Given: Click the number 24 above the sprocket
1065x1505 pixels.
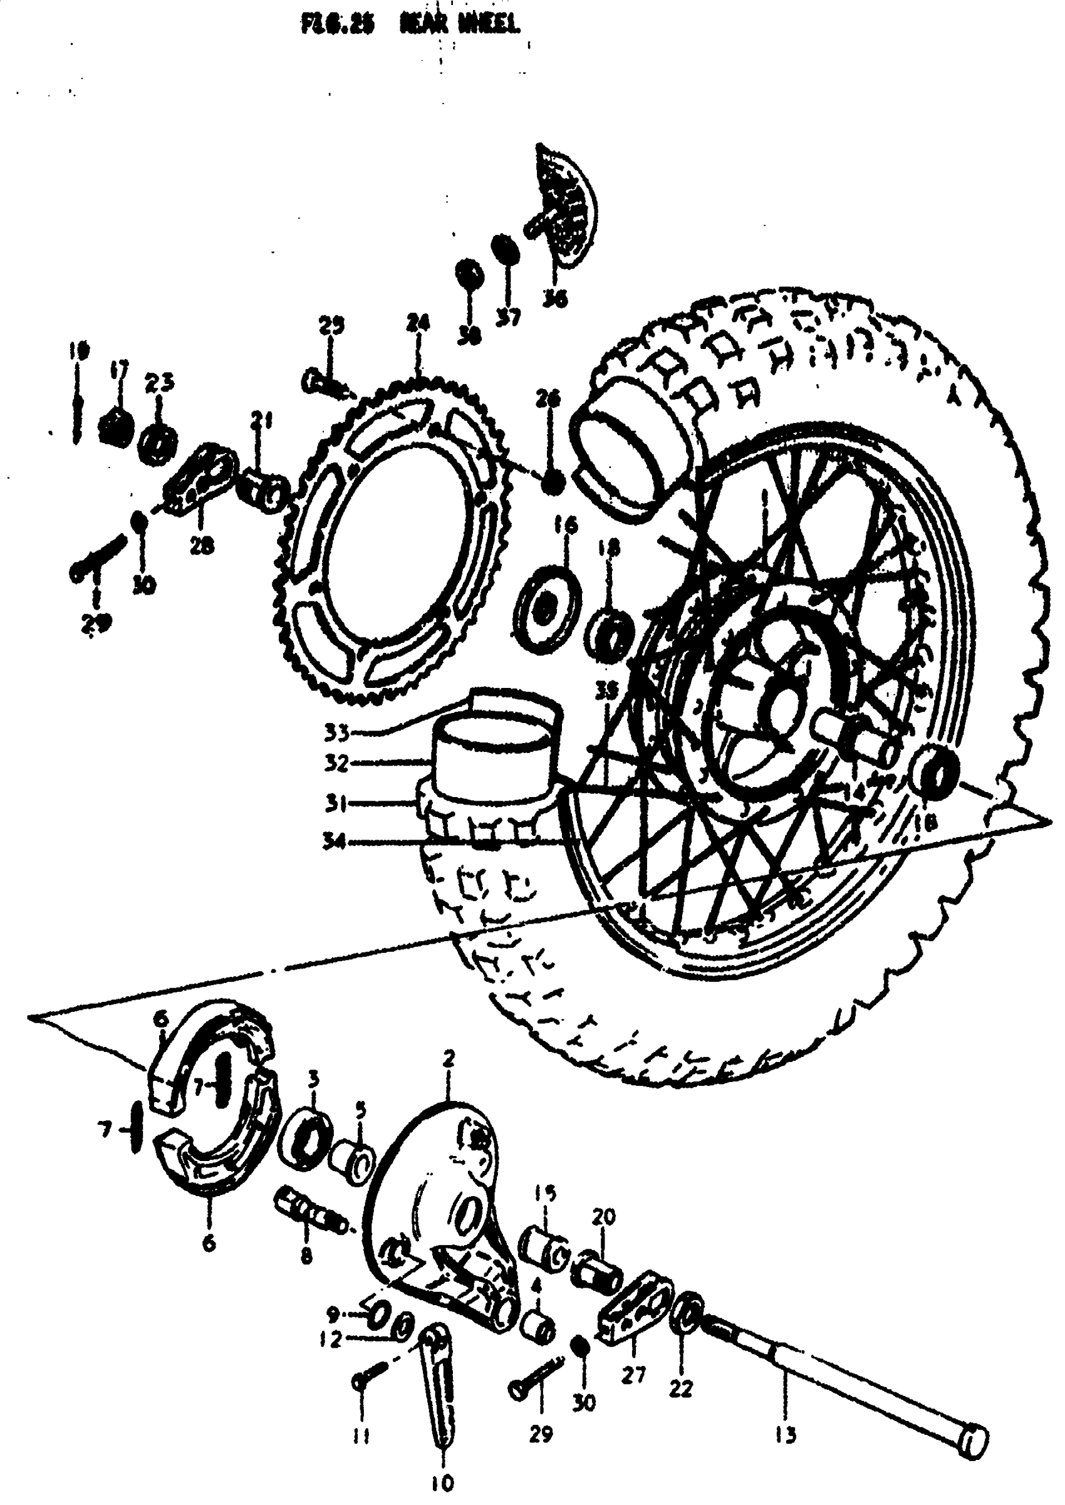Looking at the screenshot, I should pyautogui.click(x=417, y=323).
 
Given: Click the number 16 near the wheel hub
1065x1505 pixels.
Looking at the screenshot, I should pyautogui.click(x=566, y=524).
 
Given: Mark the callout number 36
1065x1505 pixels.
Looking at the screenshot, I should pyautogui.click(x=554, y=298).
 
